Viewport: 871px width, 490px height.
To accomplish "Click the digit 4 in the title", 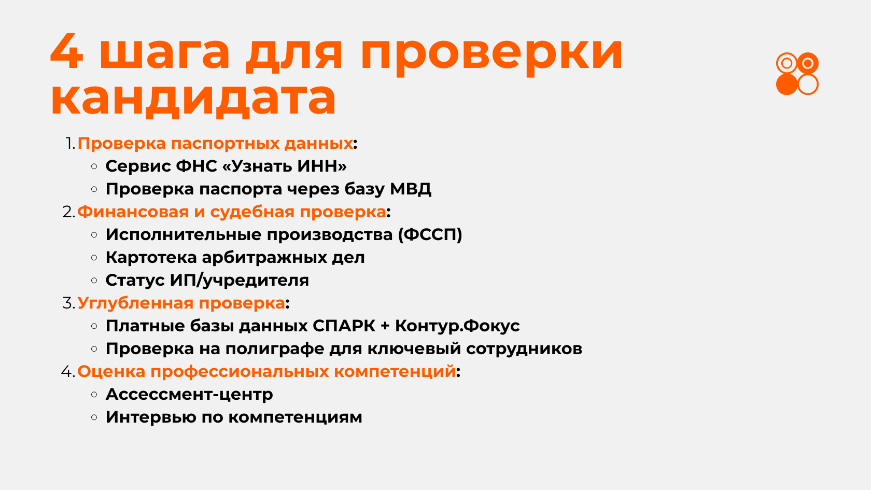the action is (x=66, y=52).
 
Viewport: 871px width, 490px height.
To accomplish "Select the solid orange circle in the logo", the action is (x=786, y=85).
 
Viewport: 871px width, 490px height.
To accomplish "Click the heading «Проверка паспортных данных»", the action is (x=215, y=144).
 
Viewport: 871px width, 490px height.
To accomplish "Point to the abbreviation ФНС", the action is (x=196, y=166).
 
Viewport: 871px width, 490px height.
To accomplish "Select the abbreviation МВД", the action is (x=411, y=189).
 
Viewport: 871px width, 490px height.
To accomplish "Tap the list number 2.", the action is (x=68, y=212).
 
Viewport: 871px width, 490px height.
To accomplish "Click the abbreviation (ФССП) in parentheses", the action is (x=430, y=234).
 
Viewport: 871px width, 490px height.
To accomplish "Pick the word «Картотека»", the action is (x=151, y=257).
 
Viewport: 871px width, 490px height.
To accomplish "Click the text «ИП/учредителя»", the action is (x=240, y=281).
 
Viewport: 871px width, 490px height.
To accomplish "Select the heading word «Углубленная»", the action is (x=135, y=303).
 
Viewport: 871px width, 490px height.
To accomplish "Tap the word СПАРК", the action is (x=344, y=326).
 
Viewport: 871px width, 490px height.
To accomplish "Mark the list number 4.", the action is (x=67, y=372).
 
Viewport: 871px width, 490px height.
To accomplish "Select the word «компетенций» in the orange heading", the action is (x=395, y=372).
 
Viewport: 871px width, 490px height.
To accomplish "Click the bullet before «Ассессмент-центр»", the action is (x=94, y=395).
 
